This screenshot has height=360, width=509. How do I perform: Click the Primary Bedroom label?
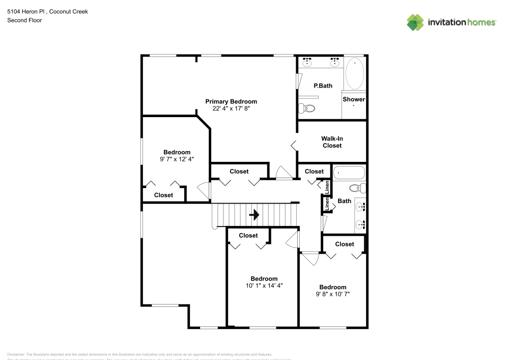231,101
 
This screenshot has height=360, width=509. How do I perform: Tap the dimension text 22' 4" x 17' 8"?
231,108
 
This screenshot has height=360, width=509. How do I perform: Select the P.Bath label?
323,86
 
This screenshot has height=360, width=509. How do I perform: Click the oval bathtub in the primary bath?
355,73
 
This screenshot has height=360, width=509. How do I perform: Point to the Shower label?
353,99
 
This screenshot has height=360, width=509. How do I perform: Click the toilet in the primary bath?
307,108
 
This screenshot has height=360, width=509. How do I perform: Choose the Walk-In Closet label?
331,142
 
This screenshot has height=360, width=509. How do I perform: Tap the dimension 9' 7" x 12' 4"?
177,159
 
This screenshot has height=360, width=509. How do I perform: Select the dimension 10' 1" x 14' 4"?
264,286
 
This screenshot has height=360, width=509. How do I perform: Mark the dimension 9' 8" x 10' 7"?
332,294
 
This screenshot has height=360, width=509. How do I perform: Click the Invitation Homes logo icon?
415,22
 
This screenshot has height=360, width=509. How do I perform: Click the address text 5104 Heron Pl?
24,11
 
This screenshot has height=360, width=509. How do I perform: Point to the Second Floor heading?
24,20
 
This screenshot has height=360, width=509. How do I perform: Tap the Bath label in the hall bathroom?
345,201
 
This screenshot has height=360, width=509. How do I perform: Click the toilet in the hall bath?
359,188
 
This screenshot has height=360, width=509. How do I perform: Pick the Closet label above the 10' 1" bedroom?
248,235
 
